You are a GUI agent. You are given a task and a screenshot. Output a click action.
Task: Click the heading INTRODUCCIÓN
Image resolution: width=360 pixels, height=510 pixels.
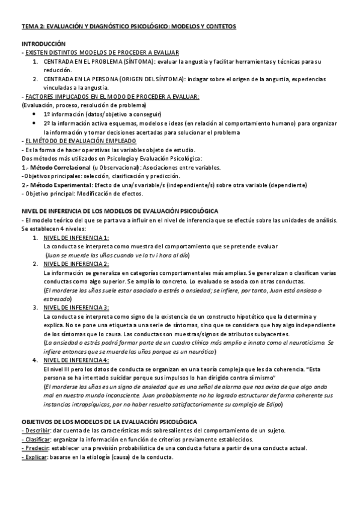[x=43, y=44]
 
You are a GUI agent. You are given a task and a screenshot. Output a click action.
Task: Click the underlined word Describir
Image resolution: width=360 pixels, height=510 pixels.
[x=35, y=431]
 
